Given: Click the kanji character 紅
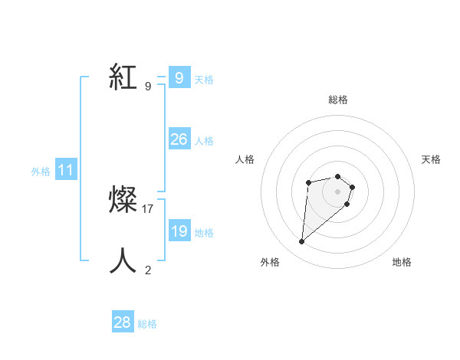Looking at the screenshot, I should click(123, 78).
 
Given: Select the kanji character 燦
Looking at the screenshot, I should click(123, 201).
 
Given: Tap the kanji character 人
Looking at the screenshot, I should click(123, 261).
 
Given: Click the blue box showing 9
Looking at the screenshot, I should click(179, 78).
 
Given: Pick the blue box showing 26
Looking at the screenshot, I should click(179, 139).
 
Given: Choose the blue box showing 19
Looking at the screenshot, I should click(179, 231).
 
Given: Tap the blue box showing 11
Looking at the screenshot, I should click(65, 171).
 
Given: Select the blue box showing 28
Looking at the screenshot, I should click(122, 322).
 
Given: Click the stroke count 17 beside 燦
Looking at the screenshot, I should click(148, 208).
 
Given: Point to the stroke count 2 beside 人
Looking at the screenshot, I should click(148, 270).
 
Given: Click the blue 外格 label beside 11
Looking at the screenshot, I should click(41, 172).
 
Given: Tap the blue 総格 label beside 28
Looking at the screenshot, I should click(147, 324).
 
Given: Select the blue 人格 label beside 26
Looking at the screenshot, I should click(204, 141).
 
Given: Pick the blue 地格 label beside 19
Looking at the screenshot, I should click(204, 233).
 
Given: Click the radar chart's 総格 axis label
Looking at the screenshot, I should click(337, 100).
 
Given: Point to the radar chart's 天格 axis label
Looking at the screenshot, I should click(432, 159).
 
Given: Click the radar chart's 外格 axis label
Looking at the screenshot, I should click(270, 262).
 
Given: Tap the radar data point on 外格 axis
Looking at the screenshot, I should click(302, 242).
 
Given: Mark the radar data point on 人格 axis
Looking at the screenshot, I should click(308, 182).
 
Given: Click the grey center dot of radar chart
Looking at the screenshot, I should click(337, 191).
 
